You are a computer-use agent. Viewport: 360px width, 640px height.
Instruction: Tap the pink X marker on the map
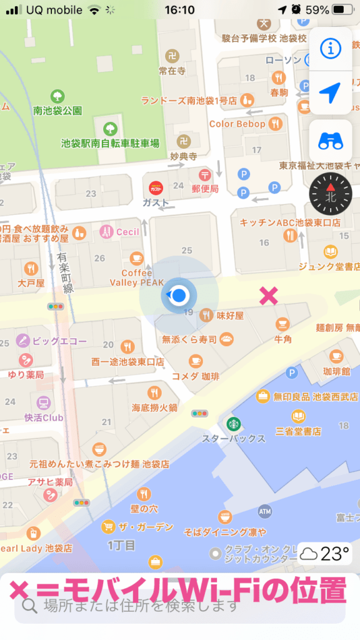269,296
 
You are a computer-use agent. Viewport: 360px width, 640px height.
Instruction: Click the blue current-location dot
179,295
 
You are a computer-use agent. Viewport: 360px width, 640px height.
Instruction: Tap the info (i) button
330,47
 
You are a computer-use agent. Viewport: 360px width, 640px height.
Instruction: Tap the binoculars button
330,141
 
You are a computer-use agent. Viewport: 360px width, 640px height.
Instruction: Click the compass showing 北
330,190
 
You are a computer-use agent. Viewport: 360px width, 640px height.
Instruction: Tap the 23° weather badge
324,554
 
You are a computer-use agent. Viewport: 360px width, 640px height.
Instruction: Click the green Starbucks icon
234,424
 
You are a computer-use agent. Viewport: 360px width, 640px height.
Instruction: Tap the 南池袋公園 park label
57,111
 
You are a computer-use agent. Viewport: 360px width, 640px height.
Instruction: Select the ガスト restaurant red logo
156,187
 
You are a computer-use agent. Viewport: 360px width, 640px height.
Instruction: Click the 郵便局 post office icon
204,174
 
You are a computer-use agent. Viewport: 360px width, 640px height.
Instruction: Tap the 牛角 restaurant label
283,339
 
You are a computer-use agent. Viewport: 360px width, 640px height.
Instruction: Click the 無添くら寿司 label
189,339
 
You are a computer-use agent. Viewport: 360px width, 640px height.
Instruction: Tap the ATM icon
265,511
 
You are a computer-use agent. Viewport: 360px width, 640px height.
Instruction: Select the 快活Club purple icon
44,402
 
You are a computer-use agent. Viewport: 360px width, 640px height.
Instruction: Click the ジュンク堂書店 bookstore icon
331,252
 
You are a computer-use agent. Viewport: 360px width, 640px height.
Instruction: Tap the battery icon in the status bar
342,10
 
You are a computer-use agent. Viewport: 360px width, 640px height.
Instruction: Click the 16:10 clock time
179,10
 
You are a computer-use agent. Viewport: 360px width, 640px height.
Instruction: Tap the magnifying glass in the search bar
29,605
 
